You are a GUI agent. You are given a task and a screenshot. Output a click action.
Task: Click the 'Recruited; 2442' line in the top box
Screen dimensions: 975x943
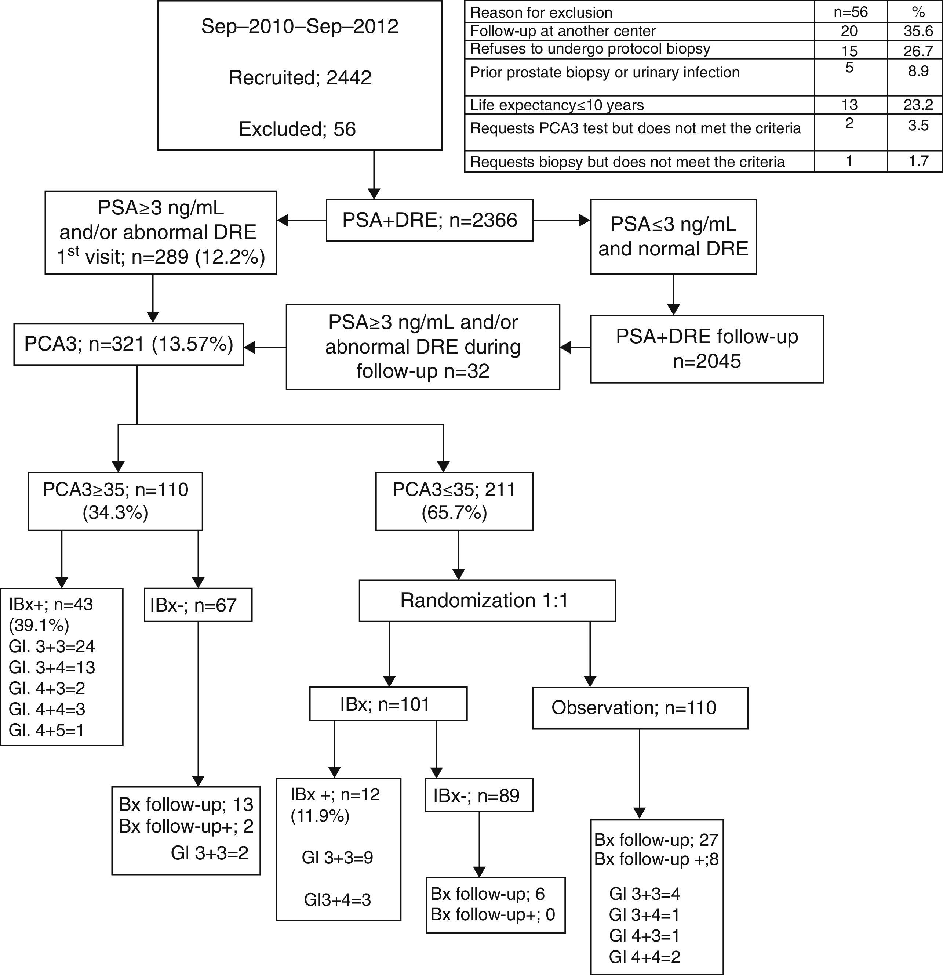pyautogui.click(x=300, y=77)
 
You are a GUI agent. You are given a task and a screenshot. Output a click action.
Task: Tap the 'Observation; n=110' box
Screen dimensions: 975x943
pyautogui.click(x=640, y=708)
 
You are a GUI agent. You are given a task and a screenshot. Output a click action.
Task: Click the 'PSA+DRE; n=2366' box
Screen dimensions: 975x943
pyautogui.click(x=430, y=220)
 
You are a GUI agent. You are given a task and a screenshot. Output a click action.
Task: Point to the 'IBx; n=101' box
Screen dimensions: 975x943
pyautogui.click(x=388, y=704)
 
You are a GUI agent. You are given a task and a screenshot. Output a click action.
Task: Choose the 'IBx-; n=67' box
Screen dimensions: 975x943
pyautogui.click(x=198, y=605)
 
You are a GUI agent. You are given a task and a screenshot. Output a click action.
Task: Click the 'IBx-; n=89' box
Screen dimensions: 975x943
pyautogui.click(x=479, y=795)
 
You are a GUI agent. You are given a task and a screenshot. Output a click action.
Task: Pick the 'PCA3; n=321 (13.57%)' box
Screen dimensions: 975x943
pyautogui.click(x=128, y=344)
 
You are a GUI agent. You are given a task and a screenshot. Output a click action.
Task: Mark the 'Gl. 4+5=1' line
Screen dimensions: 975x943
pyautogui.click(x=47, y=730)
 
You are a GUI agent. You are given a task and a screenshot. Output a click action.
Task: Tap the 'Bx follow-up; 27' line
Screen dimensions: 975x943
pyautogui.click(x=656, y=840)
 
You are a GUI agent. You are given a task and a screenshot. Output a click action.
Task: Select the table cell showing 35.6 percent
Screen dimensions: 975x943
pyautogui.click(x=918, y=31)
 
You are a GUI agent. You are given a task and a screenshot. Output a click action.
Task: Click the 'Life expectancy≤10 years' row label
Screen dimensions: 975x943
pyautogui.click(x=557, y=105)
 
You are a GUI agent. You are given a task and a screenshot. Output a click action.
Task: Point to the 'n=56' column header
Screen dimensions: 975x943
pyautogui.click(x=850, y=12)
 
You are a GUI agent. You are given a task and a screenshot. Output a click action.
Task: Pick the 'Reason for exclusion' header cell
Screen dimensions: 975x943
pyautogui.click(x=541, y=12)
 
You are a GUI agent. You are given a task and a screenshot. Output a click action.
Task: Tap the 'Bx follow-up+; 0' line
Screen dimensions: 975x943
pyautogui.click(x=492, y=914)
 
